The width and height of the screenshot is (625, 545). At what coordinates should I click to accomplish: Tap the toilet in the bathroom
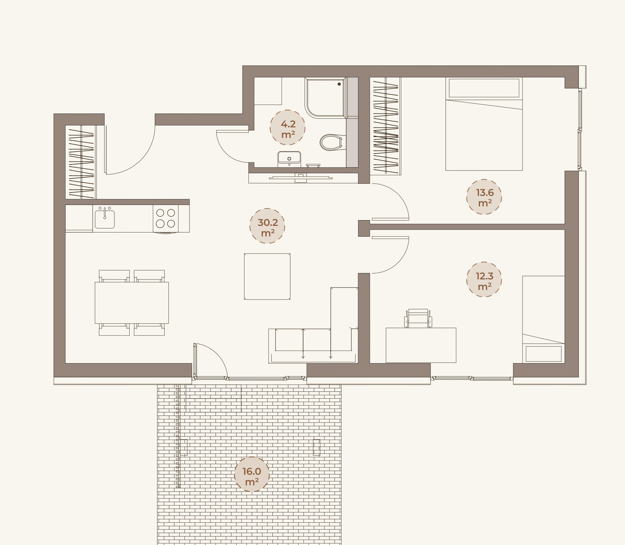point(332,142)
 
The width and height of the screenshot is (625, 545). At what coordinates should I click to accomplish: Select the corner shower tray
point(326,98)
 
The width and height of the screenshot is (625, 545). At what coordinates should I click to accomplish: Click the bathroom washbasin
point(289,159)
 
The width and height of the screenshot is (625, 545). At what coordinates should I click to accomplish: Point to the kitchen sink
point(105,218)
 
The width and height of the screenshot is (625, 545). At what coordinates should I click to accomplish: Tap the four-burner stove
point(166,218)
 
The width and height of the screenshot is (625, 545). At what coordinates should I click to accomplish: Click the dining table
point(132,303)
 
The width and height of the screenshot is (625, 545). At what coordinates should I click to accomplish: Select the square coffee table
point(267,276)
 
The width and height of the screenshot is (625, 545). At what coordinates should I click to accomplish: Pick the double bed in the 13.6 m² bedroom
point(484,124)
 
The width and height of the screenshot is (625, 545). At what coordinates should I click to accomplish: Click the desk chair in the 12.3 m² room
point(418,318)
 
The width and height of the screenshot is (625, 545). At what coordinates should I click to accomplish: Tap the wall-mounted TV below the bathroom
point(301,178)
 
